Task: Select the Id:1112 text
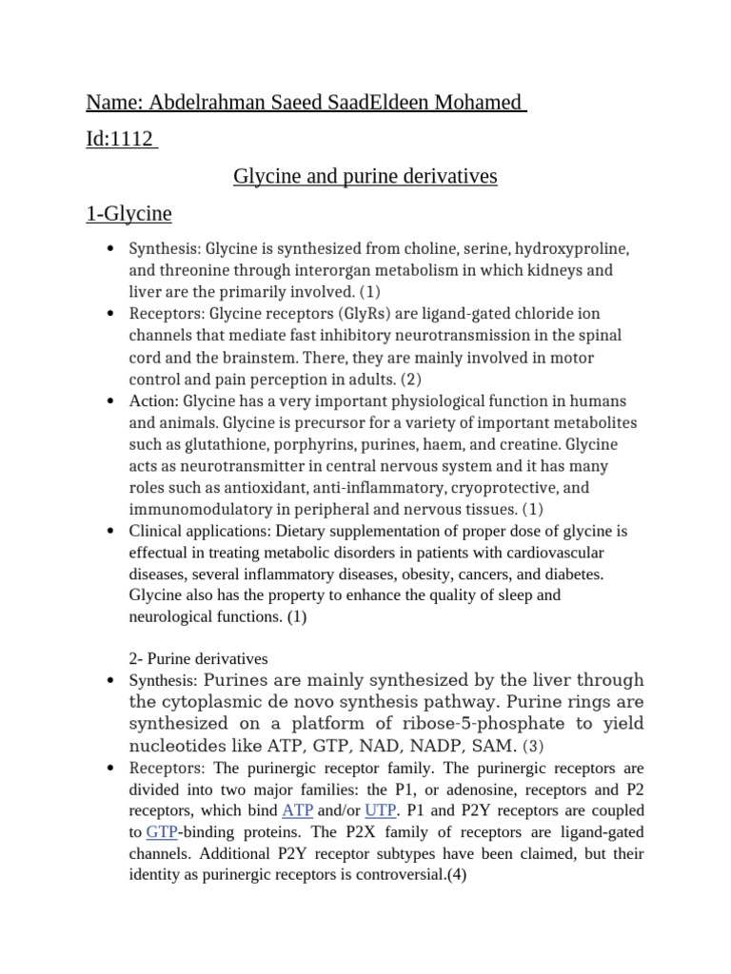click(120, 139)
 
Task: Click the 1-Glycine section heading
click(128, 213)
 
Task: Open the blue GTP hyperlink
click(163, 831)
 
